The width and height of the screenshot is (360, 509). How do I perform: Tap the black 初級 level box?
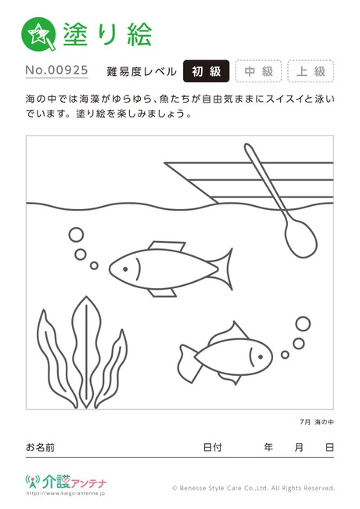click(206, 71)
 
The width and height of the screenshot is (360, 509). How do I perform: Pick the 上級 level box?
click(311, 71)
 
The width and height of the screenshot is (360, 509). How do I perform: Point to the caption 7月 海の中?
click(316, 422)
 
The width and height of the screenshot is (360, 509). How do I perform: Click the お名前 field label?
click(40, 447)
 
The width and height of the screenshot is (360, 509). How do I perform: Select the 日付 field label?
click(212, 447)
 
